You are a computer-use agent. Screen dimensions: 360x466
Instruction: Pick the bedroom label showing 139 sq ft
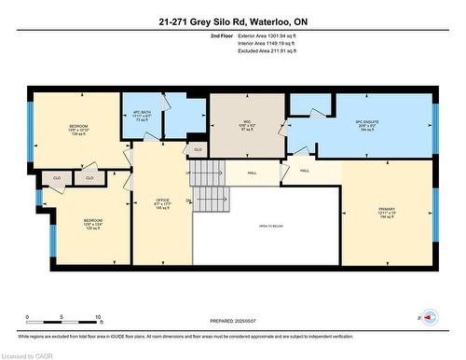tap(78, 129)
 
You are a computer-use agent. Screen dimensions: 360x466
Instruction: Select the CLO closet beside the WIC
tap(197, 148)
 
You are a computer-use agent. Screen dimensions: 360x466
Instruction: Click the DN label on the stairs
tap(190, 201)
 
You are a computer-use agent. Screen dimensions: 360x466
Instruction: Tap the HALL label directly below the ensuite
tap(306, 171)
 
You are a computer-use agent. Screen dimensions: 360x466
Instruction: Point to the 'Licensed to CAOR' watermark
tap(28, 354)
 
